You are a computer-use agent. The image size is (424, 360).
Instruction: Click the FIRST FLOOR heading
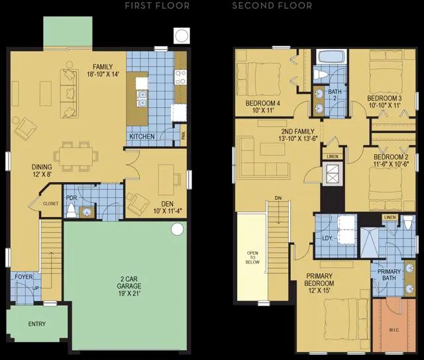(157, 6)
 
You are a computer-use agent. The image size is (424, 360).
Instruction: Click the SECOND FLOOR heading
(272, 6)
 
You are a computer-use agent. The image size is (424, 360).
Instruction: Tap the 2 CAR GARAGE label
(129, 286)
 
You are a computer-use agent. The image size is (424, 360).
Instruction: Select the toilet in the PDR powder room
(72, 210)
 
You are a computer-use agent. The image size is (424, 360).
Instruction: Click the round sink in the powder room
(87, 212)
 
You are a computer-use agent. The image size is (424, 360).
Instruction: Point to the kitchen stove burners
(180, 77)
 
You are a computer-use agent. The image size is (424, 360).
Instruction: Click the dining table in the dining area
(76, 156)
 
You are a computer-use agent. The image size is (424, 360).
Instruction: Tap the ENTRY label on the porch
(37, 324)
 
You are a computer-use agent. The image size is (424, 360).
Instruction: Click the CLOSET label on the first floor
(50, 204)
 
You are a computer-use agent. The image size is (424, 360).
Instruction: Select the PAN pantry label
(184, 135)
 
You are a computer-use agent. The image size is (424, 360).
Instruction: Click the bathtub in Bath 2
(331, 57)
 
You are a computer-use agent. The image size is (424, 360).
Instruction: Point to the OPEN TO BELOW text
(252, 257)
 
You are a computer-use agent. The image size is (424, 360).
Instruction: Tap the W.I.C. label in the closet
(394, 330)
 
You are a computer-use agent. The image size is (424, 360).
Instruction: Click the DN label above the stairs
(278, 199)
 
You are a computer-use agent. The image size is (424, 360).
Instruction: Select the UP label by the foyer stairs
(36, 288)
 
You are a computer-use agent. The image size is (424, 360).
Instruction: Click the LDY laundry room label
(327, 238)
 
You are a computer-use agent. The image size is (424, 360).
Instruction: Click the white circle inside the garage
(177, 229)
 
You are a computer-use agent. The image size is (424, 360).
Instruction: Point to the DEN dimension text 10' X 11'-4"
(168, 211)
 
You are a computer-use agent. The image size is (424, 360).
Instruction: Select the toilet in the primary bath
(408, 222)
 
